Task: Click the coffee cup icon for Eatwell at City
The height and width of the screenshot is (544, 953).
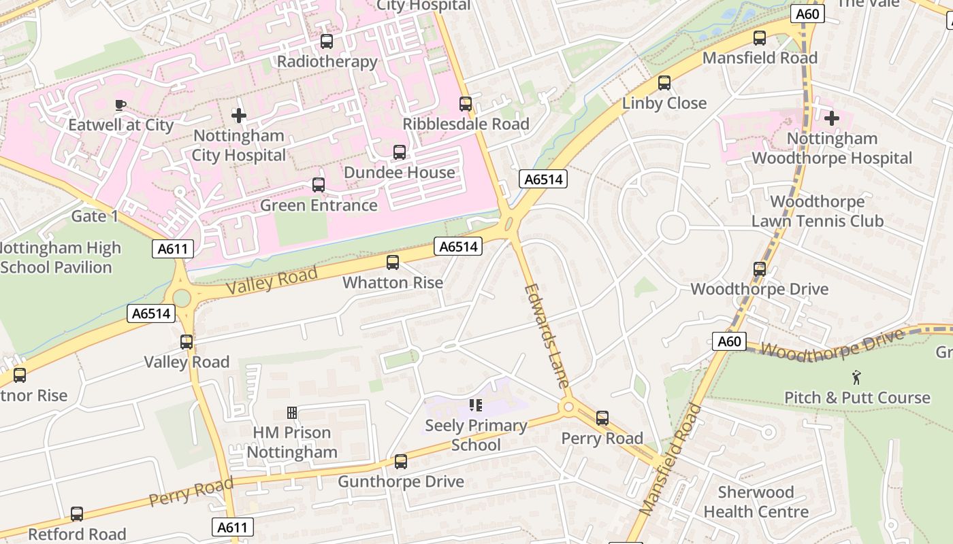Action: click(x=120, y=105)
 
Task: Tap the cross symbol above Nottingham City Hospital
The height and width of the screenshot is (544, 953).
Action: click(x=238, y=115)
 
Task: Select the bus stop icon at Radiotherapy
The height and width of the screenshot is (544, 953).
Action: click(x=327, y=41)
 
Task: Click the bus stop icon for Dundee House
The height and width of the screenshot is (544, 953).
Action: click(x=400, y=152)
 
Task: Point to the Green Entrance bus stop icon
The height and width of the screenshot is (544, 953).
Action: click(x=318, y=185)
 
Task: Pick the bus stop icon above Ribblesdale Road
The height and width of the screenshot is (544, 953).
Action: click(x=466, y=104)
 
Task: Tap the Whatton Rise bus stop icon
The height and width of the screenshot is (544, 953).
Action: click(x=393, y=262)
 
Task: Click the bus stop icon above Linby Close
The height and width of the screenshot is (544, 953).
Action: click(x=664, y=83)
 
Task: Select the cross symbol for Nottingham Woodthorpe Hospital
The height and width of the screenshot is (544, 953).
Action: click(x=831, y=118)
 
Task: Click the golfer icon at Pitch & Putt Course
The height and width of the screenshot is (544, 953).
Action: click(x=856, y=377)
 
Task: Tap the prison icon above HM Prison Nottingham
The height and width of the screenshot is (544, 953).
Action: click(x=292, y=413)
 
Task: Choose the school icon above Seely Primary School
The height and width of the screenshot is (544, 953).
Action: click(x=476, y=406)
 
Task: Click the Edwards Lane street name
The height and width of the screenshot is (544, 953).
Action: click(x=547, y=336)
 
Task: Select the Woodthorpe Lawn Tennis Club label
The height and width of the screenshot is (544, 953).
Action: click(x=817, y=211)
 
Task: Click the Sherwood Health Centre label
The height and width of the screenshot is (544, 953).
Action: click(x=756, y=502)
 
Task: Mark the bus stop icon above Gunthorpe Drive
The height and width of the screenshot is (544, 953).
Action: click(x=401, y=462)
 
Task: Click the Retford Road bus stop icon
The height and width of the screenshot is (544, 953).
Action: click(x=77, y=514)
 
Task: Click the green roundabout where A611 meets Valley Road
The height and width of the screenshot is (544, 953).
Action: click(x=182, y=298)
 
